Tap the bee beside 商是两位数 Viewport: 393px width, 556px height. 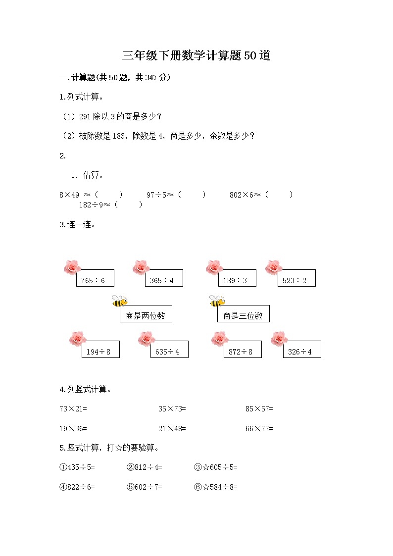click(x=119, y=301)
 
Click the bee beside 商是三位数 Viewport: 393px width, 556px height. click(x=217, y=301)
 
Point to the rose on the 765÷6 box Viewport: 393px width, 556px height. click(x=72, y=267)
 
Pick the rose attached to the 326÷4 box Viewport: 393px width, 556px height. click(x=280, y=339)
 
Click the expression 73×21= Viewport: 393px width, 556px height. click(x=73, y=409)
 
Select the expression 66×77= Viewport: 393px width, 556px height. click(x=259, y=429)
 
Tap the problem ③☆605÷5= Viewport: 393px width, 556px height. click(x=216, y=467)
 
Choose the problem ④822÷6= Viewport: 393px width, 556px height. click(x=77, y=487)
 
